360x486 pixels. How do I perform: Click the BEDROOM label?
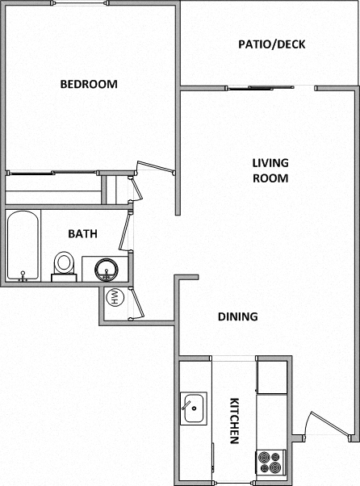(x=89, y=84)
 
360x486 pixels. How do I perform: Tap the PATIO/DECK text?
(x=271, y=44)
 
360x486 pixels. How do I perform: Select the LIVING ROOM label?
(x=270, y=170)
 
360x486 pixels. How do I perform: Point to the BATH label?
(x=82, y=234)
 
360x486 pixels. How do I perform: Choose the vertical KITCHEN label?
(x=234, y=421)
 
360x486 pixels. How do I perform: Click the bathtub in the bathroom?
(x=22, y=245)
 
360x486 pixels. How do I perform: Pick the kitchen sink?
(x=194, y=408)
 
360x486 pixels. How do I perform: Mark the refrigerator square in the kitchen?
(x=272, y=375)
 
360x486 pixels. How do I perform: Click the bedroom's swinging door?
(x=155, y=168)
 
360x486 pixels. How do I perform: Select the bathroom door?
(x=125, y=230)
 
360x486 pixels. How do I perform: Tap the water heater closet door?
(x=135, y=304)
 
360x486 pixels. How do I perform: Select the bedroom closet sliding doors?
(x=52, y=172)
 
